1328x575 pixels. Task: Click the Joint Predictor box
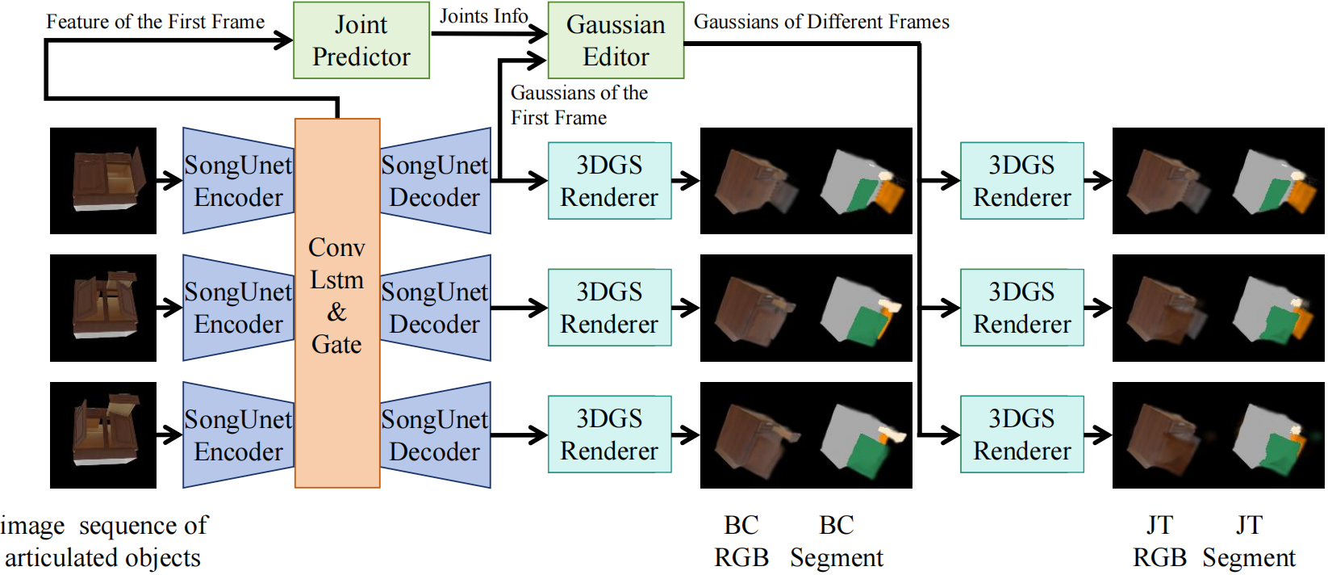pos(361,40)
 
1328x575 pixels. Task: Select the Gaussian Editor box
pos(616,40)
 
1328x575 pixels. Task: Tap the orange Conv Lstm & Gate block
pos(337,303)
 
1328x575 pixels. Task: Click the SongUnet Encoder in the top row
pos(238,181)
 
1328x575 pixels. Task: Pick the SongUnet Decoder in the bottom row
pos(435,435)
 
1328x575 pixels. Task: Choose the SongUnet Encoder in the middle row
pos(238,308)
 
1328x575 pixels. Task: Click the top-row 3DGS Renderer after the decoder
pos(609,181)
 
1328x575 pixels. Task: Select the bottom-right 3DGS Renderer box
pos(1021,434)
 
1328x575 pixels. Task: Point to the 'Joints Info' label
pos(483,15)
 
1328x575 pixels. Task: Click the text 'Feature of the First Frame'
pos(155,22)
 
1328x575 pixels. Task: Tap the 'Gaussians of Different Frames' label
pos(821,22)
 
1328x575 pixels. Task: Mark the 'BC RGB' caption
pos(741,541)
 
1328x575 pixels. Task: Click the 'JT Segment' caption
pos(1249,541)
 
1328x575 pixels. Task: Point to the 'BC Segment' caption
pos(837,541)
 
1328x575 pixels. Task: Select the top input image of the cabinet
pos(103,181)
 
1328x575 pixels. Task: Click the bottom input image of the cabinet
pos(103,435)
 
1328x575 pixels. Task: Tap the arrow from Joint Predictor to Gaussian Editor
pos(488,33)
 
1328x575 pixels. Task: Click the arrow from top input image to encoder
pos(169,181)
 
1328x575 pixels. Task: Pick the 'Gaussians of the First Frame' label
pos(578,105)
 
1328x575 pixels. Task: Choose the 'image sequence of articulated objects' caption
pos(103,541)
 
